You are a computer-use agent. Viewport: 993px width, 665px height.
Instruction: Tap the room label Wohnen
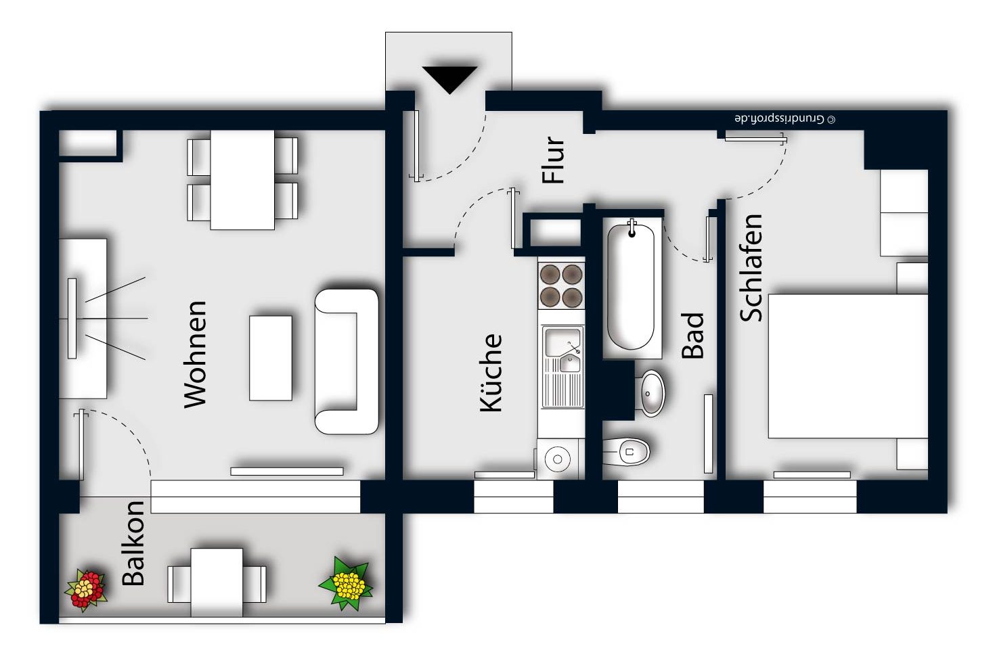[196, 354]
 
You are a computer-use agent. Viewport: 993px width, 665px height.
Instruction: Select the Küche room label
[491, 373]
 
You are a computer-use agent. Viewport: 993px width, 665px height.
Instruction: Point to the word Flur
[553, 160]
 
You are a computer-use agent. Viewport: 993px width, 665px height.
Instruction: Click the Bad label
[692, 336]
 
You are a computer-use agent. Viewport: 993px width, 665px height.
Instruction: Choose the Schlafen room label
[751, 268]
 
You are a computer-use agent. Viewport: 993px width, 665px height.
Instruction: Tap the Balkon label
[133, 543]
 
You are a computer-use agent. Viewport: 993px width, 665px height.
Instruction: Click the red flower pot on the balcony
[86, 590]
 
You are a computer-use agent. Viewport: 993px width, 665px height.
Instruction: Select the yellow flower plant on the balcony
[346, 583]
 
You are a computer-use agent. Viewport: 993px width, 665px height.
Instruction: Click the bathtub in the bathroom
[632, 287]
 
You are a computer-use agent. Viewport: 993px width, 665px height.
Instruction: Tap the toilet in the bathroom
[626, 452]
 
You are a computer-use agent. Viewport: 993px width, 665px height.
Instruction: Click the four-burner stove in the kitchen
[561, 285]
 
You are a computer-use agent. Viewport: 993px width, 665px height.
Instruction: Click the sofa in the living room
[346, 361]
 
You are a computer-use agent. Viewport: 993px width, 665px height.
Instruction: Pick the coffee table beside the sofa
[270, 358]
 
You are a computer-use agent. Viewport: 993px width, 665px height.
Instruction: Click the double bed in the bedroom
[848, 366]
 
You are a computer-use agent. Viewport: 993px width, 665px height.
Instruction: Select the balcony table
[217, 582]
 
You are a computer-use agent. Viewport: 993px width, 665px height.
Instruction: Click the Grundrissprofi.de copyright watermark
[785, 119]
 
